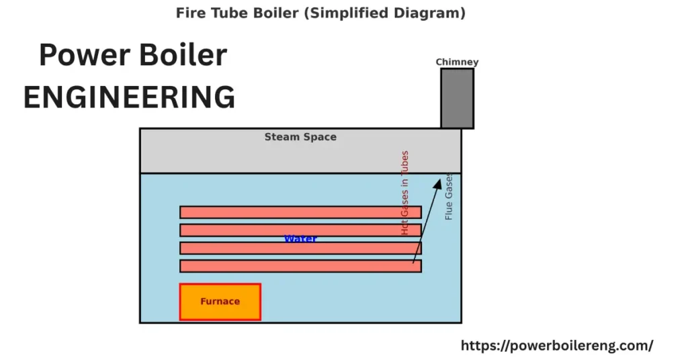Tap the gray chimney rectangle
(x=457, y=98)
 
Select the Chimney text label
(x=457, y=62)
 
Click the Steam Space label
(x=300, y=137)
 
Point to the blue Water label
(x=300, y=238)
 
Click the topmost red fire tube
(x=300, y=212)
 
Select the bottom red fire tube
(x=300, y=266)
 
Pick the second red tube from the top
(x=300, y=230)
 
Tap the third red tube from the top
(x=300, y=249)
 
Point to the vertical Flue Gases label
(x=449, y=196)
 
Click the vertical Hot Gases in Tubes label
(x=405, y=192)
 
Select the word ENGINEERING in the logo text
(x=129, y=97)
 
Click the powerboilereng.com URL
(x=556, y=345)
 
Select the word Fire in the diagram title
(x=189, y=13)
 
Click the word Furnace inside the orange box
(x=220, y=302)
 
